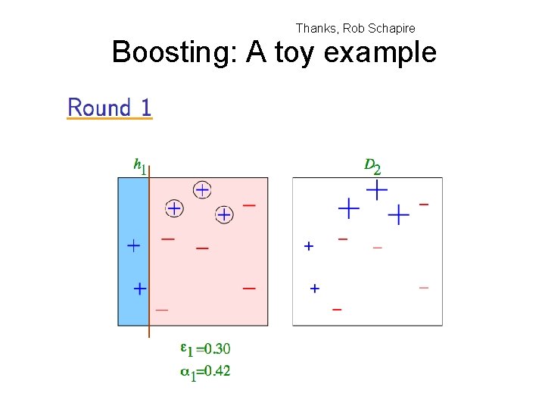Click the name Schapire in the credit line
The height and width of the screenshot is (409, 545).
coord(391,28)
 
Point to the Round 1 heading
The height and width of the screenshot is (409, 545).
coord(110,108)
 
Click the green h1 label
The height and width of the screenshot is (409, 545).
coord(139,164)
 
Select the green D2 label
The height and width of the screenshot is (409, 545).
coord(372,164)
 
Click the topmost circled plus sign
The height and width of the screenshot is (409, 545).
coord(202,189)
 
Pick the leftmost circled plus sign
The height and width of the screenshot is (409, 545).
coord(174,208)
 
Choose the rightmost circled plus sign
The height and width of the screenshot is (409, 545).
coord(224,215)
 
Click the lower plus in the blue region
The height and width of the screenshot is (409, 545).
coord(140,288)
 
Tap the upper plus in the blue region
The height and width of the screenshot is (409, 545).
coord(133,245)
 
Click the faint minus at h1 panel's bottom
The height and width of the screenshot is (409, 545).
coord(162,310)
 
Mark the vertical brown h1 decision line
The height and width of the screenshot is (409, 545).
coord(149,250)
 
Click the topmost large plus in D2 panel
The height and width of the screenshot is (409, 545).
coord(376,189)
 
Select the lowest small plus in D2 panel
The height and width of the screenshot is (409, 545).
coord(315,288)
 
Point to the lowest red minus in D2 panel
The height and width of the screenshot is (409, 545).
coord(337,309)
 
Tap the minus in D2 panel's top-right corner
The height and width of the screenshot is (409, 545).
coord(424,204)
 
